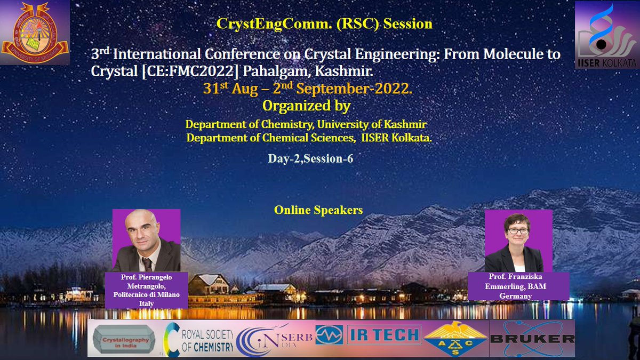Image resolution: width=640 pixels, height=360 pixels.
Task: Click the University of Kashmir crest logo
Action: click(x=35, y=33)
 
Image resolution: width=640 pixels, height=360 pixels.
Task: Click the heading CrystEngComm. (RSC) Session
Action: click(x=324, y=23)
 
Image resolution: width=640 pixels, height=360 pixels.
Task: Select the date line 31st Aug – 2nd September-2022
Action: click(x=307, y=89)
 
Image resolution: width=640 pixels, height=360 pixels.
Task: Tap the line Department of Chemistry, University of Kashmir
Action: click(x=306, y=124)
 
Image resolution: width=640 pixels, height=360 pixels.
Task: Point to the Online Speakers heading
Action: click(x=318, y=210)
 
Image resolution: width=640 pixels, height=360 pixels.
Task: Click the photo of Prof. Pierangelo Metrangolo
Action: click(x=146, y=241)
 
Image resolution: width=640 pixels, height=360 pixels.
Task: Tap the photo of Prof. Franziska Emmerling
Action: click(x=518, y=241)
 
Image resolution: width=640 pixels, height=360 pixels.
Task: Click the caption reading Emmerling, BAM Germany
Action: click(x=518, y=286)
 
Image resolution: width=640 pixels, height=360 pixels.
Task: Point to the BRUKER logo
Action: click(x=532, y=338)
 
